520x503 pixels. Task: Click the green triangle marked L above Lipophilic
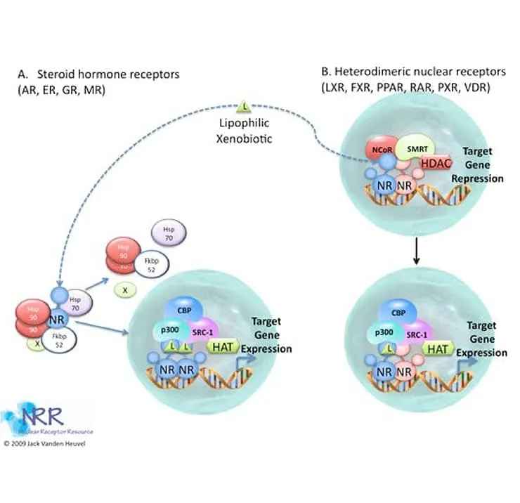245,107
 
